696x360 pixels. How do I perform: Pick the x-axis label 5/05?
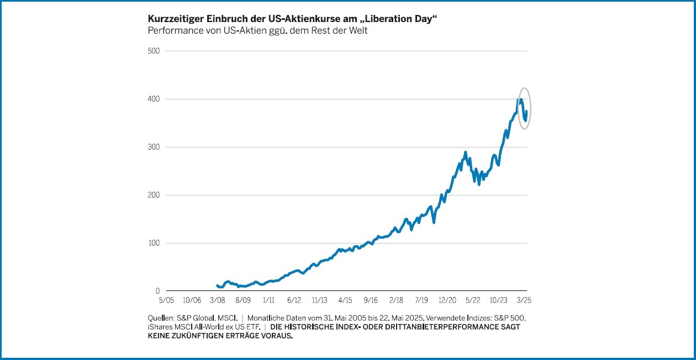tap(166, 300)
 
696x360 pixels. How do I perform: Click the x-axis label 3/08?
tap(217, 300)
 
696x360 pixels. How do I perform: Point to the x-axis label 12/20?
tap(447, 300)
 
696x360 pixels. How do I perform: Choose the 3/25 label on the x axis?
tap(523, 300)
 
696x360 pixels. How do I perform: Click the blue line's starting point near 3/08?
tap(217, 285)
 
